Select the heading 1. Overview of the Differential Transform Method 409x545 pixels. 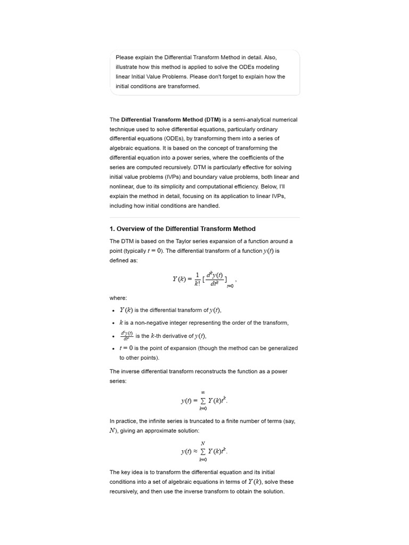click(x=182, y=229)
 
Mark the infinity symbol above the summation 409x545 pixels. click(x=203, y=392)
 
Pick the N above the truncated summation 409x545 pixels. click(x=203, y=443)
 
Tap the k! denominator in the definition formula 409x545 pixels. click(x=197, y=284)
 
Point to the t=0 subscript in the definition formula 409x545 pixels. click(x=230, y=286)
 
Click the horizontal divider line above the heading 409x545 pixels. click(x=204, y=217)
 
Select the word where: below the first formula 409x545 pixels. click(x=118, y=298)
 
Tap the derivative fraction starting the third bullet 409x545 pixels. click(x=126, y=335)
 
